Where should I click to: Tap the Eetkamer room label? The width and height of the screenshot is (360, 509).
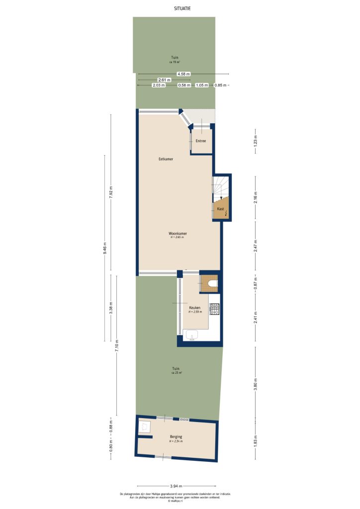pyautogui.click(x=166, y=159)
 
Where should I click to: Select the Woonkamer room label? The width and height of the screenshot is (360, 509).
pyautogui.click(x=177, y=233)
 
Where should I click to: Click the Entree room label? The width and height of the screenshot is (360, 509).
pyautogui.click(x=201, y=141)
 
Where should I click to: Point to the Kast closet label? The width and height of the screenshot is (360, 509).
pyautogui.click(x=220, y=209)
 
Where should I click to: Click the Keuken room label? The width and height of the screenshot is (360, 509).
pyautogui.click(x=194, y=308)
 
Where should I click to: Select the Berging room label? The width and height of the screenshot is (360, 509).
pyautogui.click(x=176, y=437)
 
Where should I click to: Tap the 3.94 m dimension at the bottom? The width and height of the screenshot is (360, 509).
pyautogui.click(x=176, y=486)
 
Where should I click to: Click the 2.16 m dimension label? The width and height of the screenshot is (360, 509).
pyautogui.click(x=256, y=198)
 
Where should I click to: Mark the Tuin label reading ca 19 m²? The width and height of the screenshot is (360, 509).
pyautogui.click(x=174, y=58)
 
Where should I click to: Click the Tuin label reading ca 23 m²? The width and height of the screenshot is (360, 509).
pyautogui.click(x=176, y=369)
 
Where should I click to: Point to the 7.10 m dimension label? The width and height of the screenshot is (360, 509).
pyautogui.click(x=117, y=345)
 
